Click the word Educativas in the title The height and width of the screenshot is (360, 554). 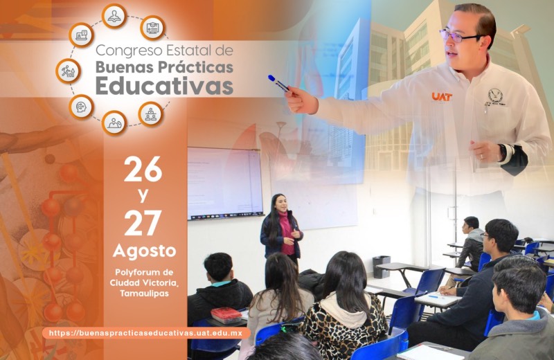tap(164, 85)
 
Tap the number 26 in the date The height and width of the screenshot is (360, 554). tap(143, 169)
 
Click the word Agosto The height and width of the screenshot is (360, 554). tap(144, 251)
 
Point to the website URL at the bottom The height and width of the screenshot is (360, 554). tap(145, 333)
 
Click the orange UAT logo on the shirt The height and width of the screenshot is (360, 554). tap(442, 96)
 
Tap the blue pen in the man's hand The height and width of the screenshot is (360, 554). tap(279, 83)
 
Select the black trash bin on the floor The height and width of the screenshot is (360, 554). tap(382, 267)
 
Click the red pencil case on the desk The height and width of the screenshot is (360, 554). tap(226, 315)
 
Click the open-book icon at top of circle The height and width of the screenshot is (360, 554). tap(114, 16)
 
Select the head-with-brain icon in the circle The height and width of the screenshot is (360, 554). tap(81, 107)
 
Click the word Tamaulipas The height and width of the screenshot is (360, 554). tap(144, 294)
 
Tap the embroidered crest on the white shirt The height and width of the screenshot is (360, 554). tap(495, 97)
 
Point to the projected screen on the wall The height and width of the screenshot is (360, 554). tap(225, 183)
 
